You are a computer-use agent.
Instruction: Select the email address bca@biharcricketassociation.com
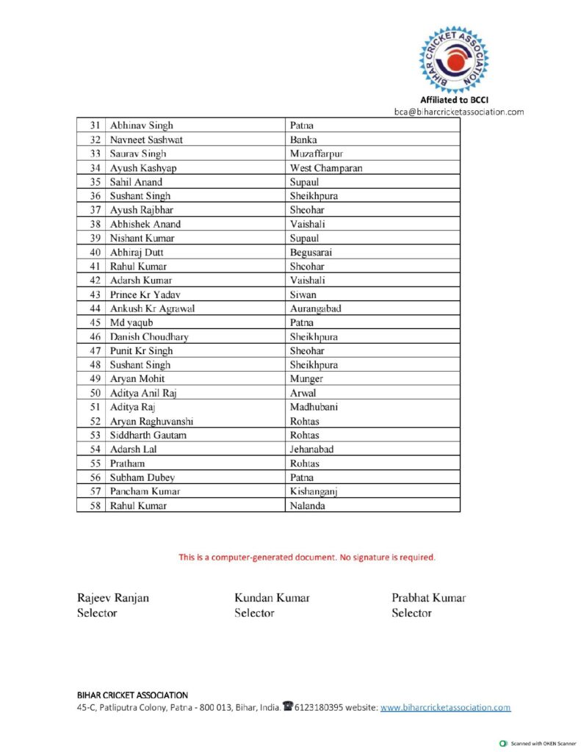(459, 112)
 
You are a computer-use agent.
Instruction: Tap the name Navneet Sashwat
(146, 140)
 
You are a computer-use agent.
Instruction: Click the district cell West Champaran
(325, 168)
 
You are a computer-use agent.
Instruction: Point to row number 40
(95, 253)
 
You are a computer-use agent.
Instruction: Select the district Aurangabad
(316, 308)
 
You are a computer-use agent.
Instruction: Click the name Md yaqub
(131, 322)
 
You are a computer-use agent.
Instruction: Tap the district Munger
(306, 379)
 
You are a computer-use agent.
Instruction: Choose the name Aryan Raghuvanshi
(152, 422)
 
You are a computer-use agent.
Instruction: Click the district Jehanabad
(311, 449)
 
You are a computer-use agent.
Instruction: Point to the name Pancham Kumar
(145, 491)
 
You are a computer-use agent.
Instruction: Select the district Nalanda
(308, 506)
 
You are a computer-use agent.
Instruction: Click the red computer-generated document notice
(307, 557)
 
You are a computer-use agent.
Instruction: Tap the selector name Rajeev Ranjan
(113, 598)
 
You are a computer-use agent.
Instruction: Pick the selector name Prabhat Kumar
(428, 598)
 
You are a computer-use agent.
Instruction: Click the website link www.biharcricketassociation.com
(445, 708)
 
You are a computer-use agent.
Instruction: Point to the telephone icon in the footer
(288, 706)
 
